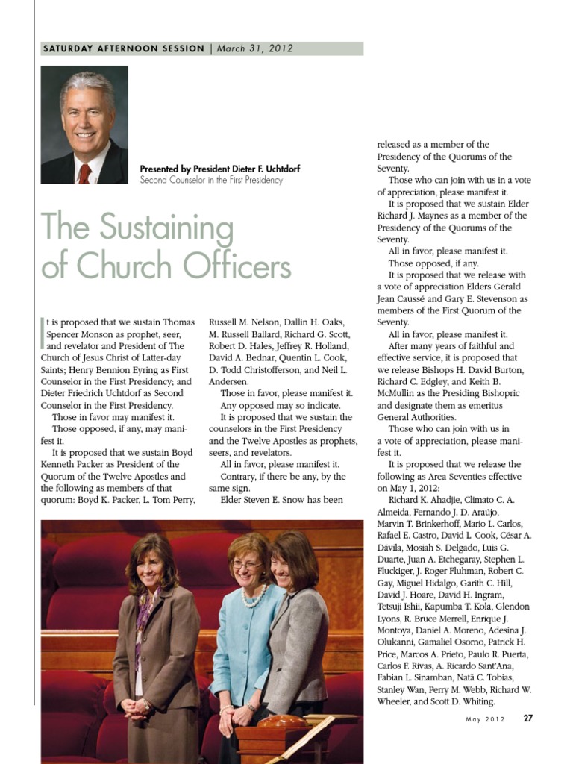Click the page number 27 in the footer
527,719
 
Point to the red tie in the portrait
85,173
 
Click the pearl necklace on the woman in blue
254,595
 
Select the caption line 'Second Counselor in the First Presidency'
211,180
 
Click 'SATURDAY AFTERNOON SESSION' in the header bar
124,48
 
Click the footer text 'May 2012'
485,720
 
